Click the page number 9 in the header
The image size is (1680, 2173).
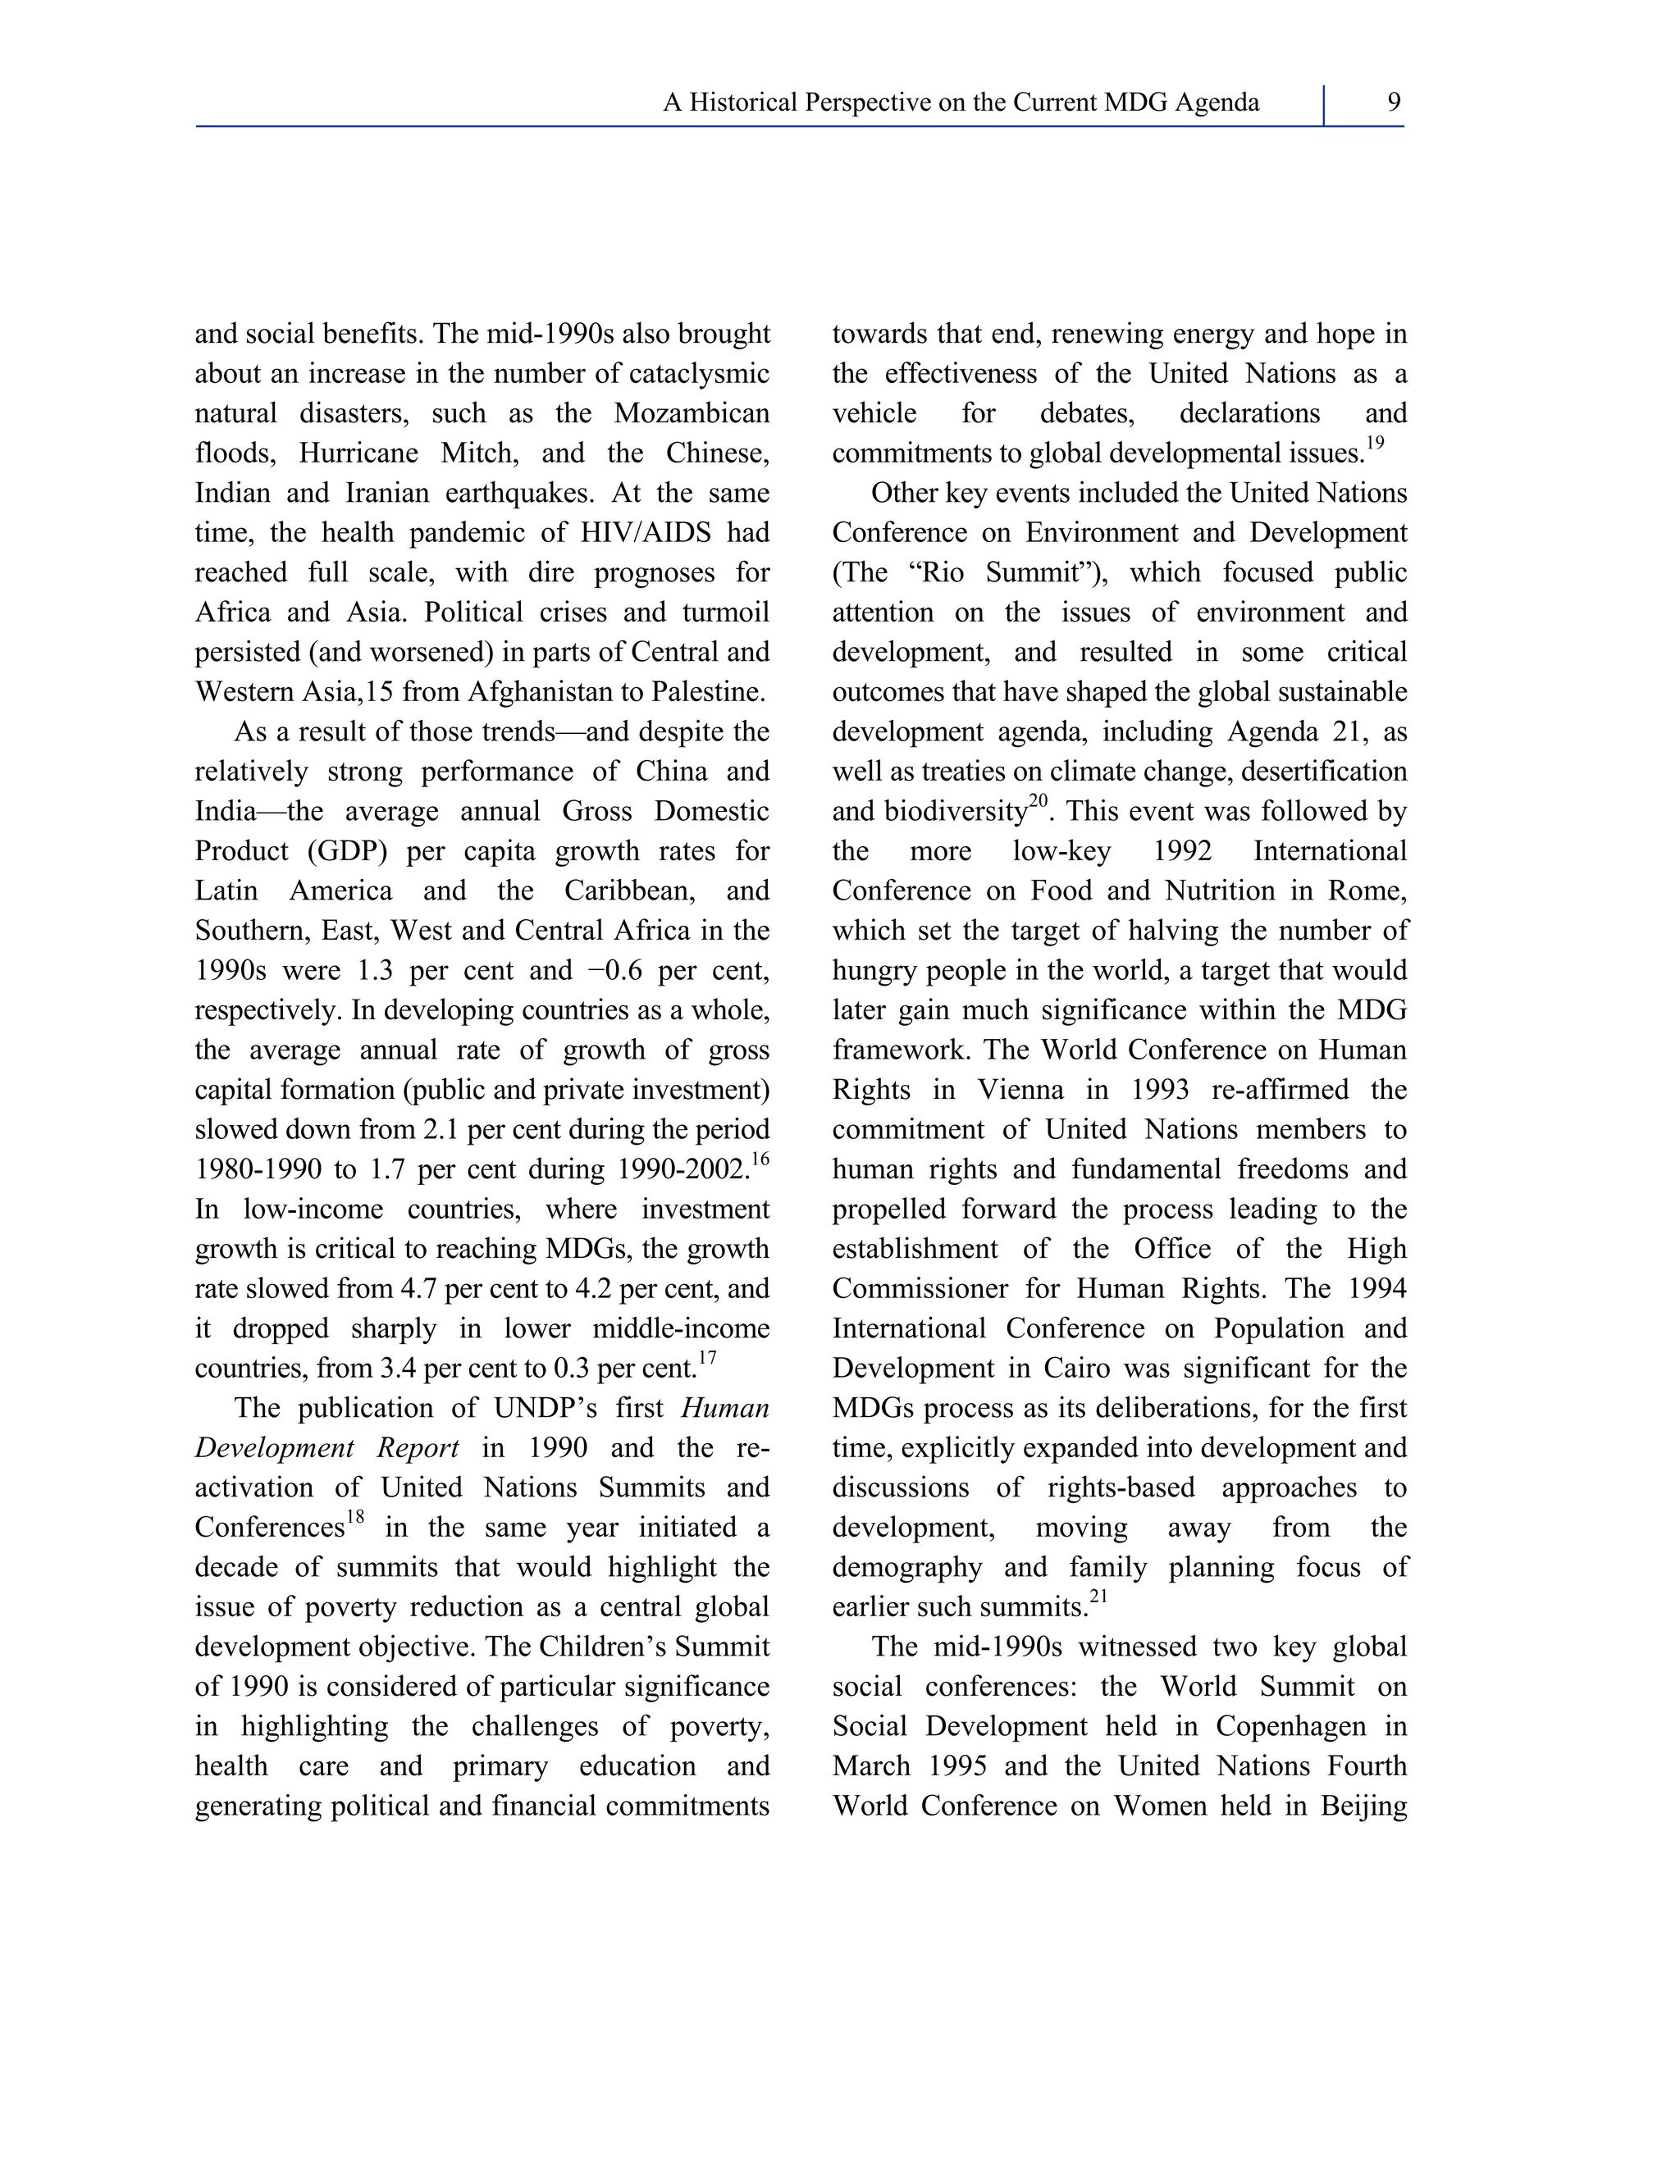(1394, 102)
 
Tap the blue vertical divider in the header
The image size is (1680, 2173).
(1324, 106)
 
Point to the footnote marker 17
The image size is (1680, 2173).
(706, 1358)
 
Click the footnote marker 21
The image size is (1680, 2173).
(1098, 1597)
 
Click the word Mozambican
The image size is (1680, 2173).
(692, 413)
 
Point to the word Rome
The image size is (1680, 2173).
(1362, 891)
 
